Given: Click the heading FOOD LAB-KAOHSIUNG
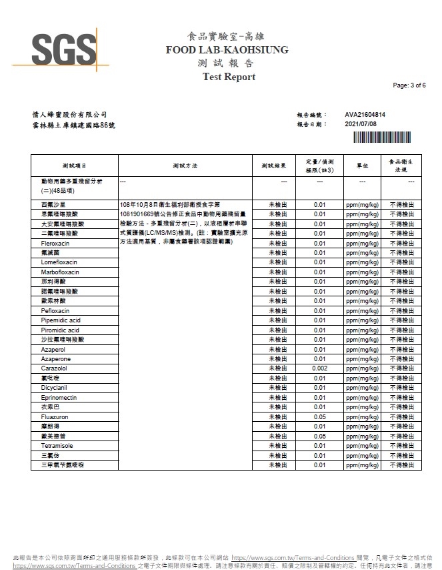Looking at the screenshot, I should [x=227, y=50].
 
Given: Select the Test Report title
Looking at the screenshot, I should [x=229, y=77].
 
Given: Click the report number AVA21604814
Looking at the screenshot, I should [x=365, y=115].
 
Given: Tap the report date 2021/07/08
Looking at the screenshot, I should [x=361, y=124].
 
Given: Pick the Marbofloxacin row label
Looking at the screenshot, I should [x=59, y=272].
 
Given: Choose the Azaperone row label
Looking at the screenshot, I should [x=55, y=359].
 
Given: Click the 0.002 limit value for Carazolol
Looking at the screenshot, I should [x=319, y=368].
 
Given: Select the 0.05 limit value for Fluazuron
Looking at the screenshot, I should [x=319, y=416].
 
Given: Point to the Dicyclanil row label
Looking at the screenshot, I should [x=54, y=388].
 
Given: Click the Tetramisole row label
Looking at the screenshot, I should [x=56, y=445].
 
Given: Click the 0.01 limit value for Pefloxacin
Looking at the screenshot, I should [x=319, y=311].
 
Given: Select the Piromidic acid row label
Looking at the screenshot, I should [x=59, y=330].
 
